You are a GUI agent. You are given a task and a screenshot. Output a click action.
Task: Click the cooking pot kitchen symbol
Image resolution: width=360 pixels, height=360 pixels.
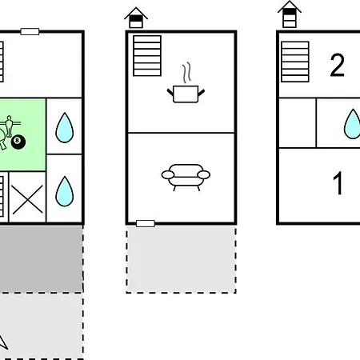186,94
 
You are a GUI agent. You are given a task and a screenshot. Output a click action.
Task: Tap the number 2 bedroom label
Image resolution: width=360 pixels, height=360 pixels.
337,66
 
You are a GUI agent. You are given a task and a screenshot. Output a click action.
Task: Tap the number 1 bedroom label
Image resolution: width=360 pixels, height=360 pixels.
338,183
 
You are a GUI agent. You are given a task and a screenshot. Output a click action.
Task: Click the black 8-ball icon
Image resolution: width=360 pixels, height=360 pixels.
18,142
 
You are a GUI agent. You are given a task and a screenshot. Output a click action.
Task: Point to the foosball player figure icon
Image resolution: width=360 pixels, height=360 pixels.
10,126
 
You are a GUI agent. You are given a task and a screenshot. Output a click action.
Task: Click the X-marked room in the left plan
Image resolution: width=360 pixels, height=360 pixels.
27,197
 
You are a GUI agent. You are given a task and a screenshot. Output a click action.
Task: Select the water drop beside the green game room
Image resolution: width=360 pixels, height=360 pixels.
65,128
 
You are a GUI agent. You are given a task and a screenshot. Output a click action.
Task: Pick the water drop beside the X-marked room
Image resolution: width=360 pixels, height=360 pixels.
65,191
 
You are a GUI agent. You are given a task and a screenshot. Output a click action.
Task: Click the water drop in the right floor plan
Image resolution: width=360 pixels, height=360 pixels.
353,124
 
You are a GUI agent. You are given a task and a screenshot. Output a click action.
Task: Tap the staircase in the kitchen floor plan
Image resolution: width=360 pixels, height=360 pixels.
147,56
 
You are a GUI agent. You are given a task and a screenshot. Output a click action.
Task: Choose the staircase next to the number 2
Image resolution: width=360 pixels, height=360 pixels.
295,62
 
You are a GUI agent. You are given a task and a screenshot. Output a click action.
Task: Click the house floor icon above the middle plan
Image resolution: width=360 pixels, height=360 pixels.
136,18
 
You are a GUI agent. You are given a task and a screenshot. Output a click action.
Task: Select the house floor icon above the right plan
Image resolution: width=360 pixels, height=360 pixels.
290,14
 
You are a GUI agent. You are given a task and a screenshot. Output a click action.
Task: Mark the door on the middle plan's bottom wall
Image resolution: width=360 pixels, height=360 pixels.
146,224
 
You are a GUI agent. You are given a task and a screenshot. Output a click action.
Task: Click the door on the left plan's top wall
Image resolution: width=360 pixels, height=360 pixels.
30,31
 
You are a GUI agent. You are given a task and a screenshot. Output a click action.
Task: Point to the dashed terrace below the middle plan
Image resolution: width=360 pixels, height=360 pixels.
181,259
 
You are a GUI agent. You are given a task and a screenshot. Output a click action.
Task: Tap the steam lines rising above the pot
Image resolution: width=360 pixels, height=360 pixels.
187,72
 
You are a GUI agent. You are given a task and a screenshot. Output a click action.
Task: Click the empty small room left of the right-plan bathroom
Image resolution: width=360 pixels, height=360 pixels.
298,122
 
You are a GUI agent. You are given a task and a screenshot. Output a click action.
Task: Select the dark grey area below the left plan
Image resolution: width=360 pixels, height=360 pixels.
42,258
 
